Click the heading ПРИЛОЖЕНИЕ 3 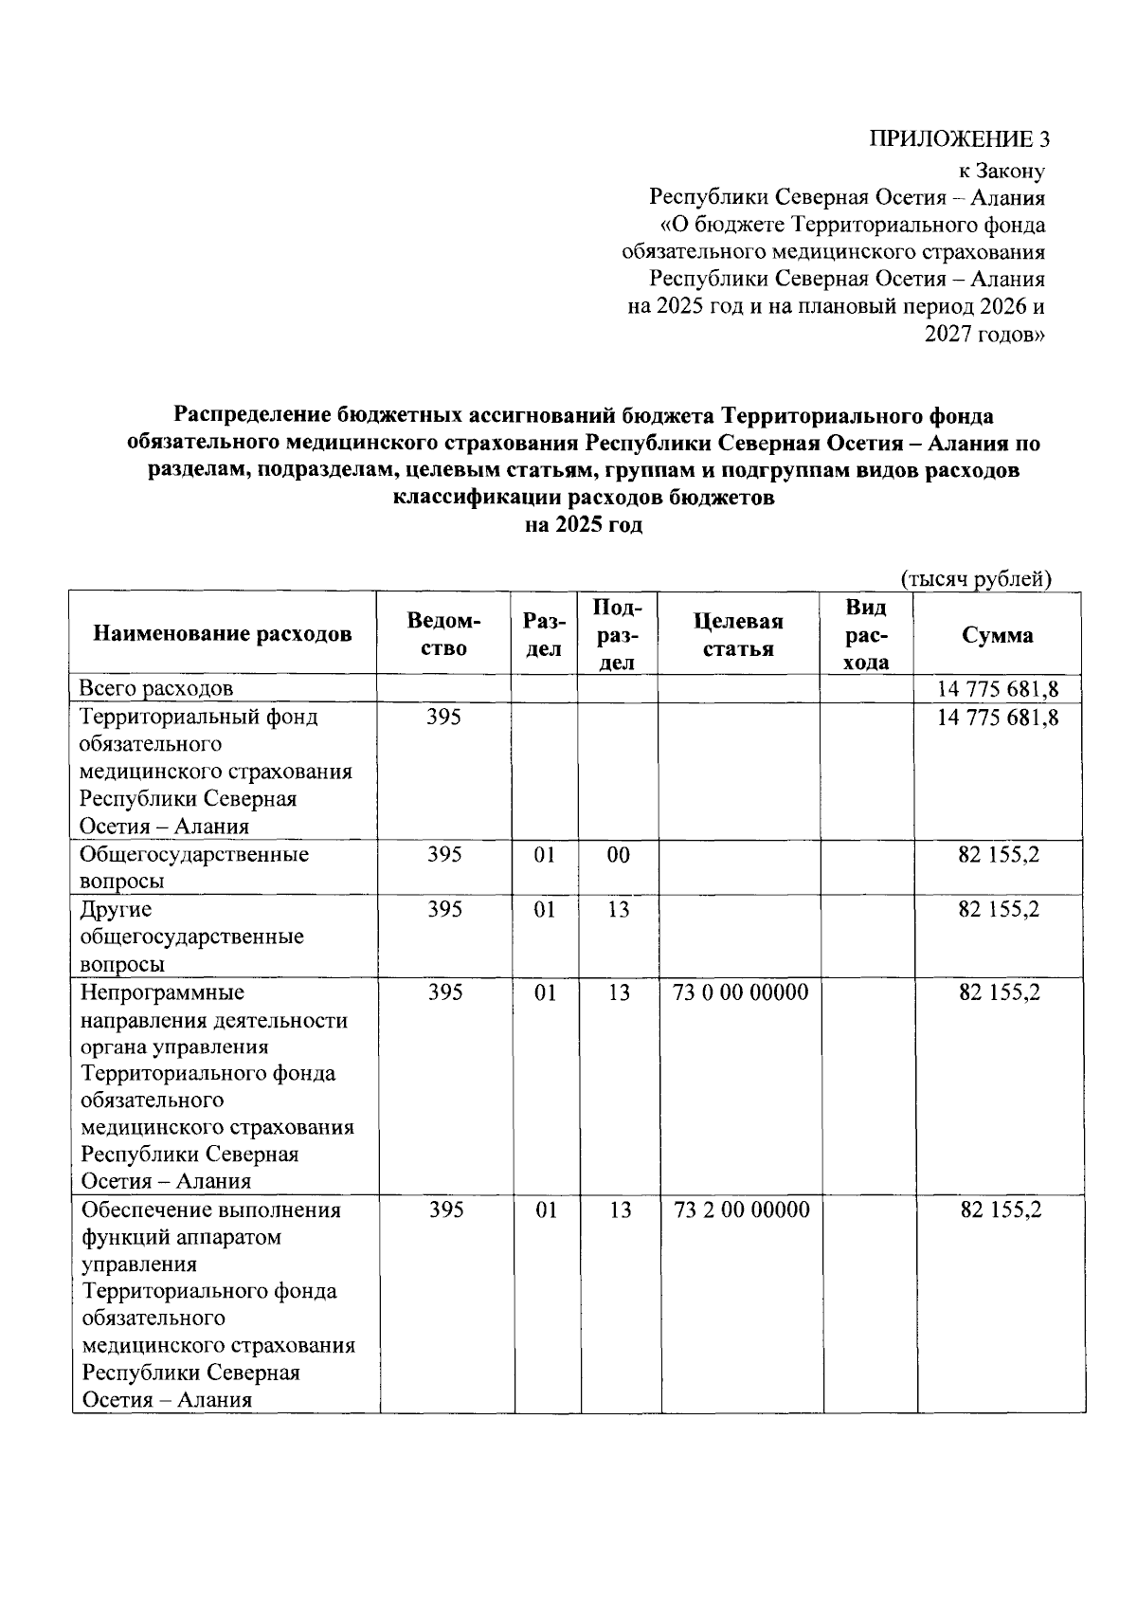click(x=960, y=140)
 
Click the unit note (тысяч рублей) click(x=976, y=579)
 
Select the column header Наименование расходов click(x=223, y=634)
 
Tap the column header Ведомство click(x=443, y=634)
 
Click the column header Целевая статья click(x=738, y=634)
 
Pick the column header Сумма click(x=997, y=635)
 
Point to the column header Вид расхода click(x=867, y=634)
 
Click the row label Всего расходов click(x=156, y=688)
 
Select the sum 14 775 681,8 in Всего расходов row click(x=998, y=689)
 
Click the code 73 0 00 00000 click(x=740, y=992)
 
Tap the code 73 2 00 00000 click(x=741, y=1210)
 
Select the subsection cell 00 click(x=618, y=855)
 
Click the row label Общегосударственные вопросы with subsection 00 click(x=194, y=867)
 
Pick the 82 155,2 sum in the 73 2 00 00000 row click(x=1000, y=1210)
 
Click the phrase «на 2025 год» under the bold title click(x=584, y=525)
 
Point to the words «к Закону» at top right click(x=1002, y=171)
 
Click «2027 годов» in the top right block click(x=984, y=334)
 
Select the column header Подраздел click(x=618, y=634)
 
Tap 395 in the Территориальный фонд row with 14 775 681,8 click(x=443, y=718)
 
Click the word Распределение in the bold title click(x=251, y=415)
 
